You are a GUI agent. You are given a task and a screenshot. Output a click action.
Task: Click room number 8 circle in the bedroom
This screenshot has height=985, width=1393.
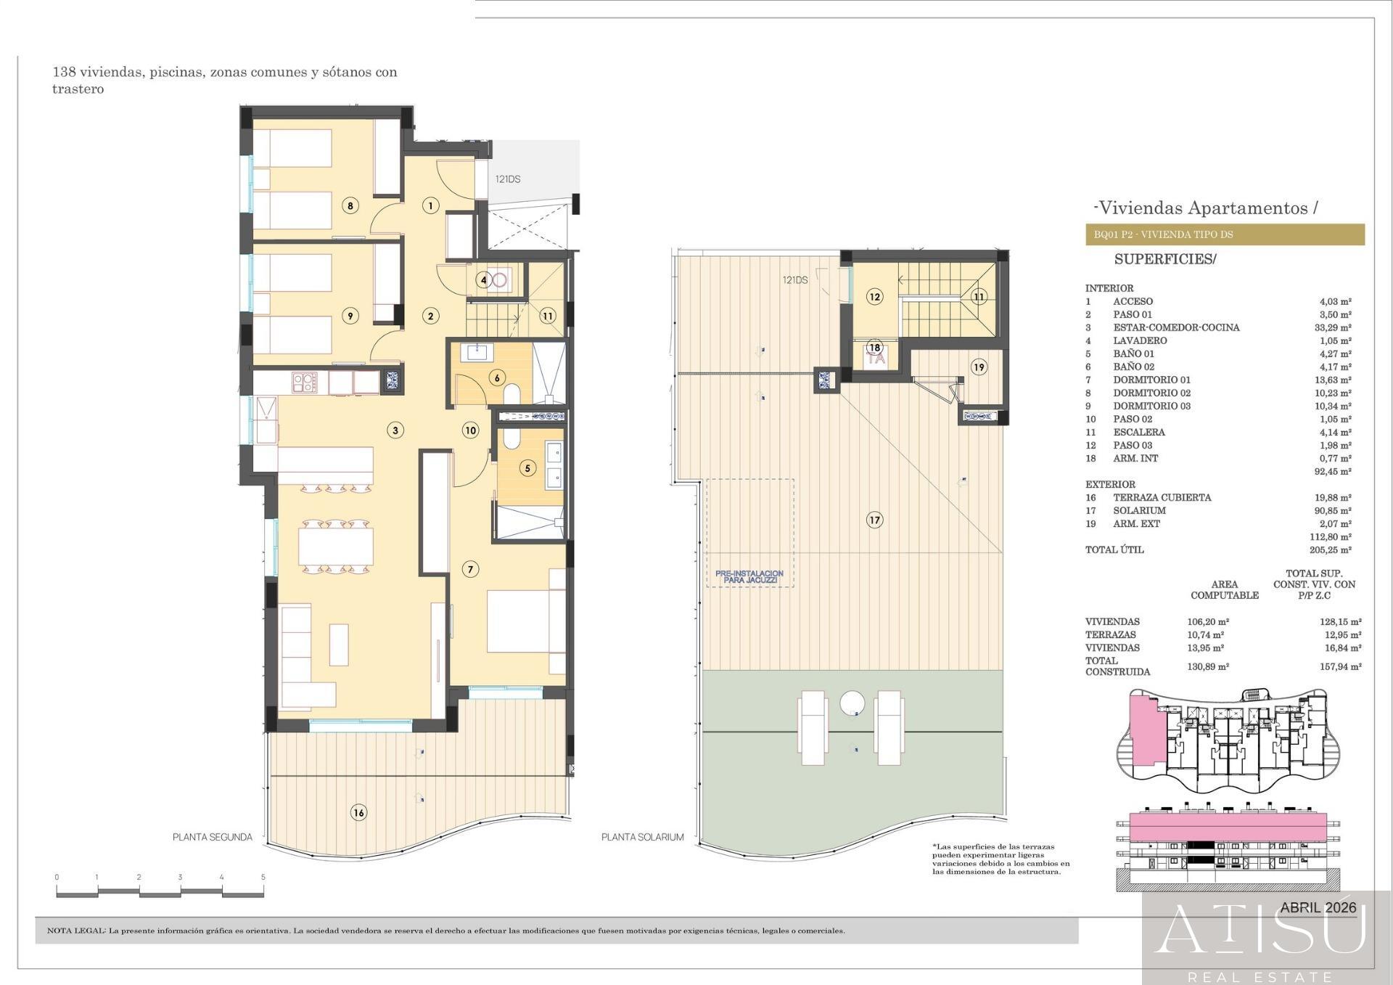[350, 205]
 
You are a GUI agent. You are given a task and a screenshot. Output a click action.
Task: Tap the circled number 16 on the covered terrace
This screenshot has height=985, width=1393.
[358, 812]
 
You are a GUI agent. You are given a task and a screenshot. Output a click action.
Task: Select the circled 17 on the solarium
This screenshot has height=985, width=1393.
[875, 520]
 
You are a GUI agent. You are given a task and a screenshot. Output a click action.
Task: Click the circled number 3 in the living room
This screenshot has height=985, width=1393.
[395, 430]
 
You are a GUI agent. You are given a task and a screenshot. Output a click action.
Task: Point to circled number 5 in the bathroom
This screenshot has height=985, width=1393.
[527, 468]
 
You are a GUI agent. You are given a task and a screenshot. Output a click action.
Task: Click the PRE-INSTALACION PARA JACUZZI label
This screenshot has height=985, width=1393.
[749, 577]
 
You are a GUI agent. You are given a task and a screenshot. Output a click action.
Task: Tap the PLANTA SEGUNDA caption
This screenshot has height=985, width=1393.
[213, 837]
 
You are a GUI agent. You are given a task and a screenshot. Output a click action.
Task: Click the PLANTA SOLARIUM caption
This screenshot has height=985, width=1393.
[643, 837]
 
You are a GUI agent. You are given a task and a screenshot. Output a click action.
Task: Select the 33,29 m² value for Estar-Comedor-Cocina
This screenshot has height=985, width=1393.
[1333, 327]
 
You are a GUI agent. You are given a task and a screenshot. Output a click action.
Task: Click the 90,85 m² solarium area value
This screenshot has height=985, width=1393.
[1333, 510]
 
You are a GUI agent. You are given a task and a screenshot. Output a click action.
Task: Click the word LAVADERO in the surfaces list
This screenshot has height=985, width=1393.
[1140, 340]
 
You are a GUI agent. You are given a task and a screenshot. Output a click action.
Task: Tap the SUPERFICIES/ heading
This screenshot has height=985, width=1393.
[1164, 259]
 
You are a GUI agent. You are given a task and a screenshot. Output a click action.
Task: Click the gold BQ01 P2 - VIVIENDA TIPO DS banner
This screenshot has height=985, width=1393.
[1225, 234]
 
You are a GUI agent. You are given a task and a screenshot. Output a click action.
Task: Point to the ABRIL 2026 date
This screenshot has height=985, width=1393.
[1318, 907]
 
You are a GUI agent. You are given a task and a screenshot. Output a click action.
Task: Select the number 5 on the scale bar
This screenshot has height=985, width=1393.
[263, 877]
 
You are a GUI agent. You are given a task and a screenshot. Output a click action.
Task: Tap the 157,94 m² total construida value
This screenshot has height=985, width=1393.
[1341, 666]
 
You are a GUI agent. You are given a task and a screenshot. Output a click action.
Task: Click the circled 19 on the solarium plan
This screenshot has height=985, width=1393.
[979, 367]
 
